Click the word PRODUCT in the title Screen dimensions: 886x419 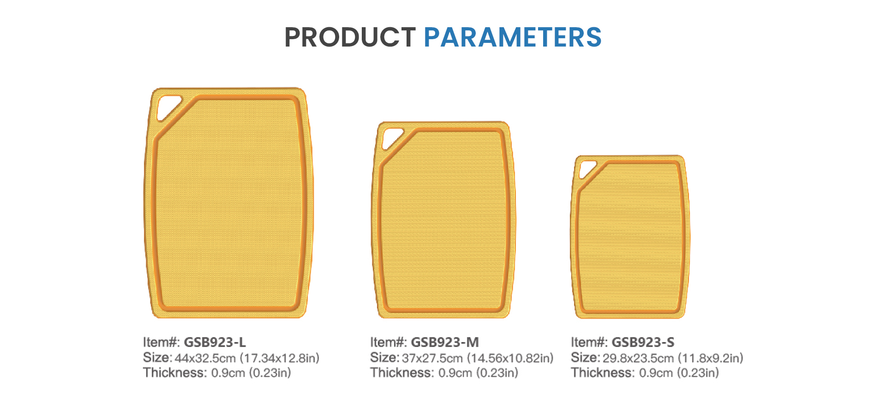(x=350, y=37)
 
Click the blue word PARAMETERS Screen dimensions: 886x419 (x=513, y=37)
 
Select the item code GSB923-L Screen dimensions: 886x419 (x=215, y=342)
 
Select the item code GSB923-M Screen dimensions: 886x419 (x=445, y=342)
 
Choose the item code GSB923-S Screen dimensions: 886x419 (x=643, y=342)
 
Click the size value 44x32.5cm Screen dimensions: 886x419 (x=205, y=358)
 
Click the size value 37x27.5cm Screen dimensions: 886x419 (x=432, y=358)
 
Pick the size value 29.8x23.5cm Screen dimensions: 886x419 (x=638, y=358)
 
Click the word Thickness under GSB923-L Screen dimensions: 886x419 (x=175, y=372)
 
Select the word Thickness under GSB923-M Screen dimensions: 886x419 (x=402, y=372)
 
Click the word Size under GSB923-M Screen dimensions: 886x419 (x=384, y=358)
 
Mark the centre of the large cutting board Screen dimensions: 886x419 (x=229, y=202)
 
